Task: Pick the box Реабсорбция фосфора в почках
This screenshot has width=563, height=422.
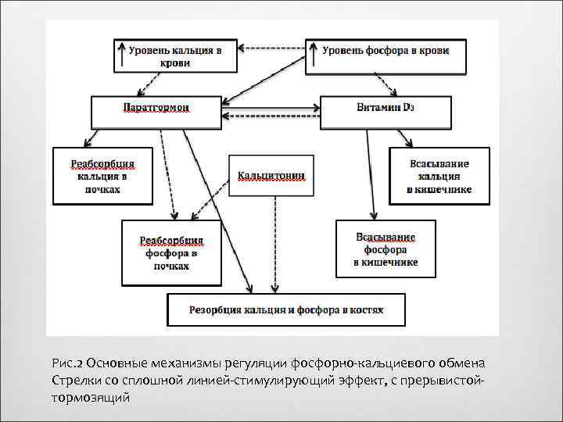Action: point(171,252)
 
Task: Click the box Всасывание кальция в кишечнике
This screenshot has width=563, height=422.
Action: point(439,176)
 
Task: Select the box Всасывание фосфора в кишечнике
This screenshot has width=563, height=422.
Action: point(385,249)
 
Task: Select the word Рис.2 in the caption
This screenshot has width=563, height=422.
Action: point(67,363)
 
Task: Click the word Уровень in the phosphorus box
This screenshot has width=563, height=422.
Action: point(342,50)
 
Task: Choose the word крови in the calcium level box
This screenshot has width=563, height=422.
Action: point(175,64)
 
